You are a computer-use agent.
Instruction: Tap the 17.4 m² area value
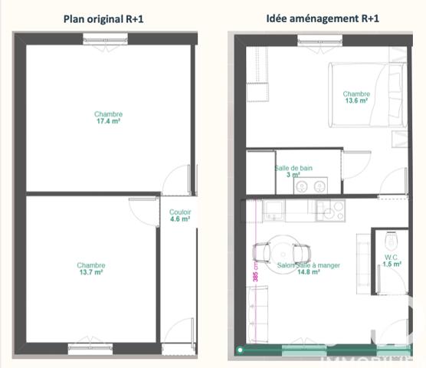(x=109, y=121)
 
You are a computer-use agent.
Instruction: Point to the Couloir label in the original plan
(x=181, y=212)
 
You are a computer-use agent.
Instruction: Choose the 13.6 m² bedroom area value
(x=356, y=100)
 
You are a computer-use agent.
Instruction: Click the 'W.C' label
(x=391, y=257)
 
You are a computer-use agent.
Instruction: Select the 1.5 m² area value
(x=391, y=265)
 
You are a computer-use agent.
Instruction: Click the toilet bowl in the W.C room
(x=391, y=237)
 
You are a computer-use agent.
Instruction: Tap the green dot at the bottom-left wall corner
(x=240, y=350)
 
